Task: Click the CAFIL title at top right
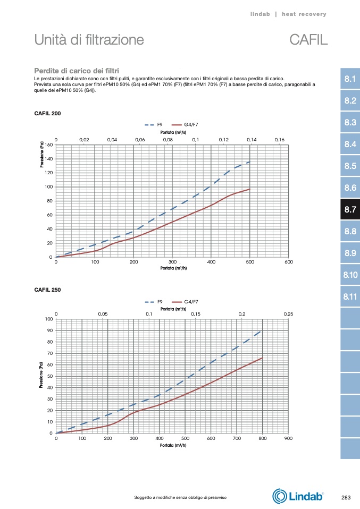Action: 308,40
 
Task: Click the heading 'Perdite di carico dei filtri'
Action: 76,71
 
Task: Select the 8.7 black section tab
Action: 350,210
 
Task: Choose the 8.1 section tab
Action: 350,80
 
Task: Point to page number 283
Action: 346,497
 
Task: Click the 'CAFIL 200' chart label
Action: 47,113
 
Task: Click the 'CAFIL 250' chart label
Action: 47,289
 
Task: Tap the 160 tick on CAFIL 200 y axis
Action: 49,145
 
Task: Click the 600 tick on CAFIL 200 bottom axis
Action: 289,262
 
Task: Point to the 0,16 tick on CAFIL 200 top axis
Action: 279,140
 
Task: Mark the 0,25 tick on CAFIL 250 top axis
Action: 288,315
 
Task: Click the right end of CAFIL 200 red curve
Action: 249,189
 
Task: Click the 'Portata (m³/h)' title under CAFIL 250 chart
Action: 173,445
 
